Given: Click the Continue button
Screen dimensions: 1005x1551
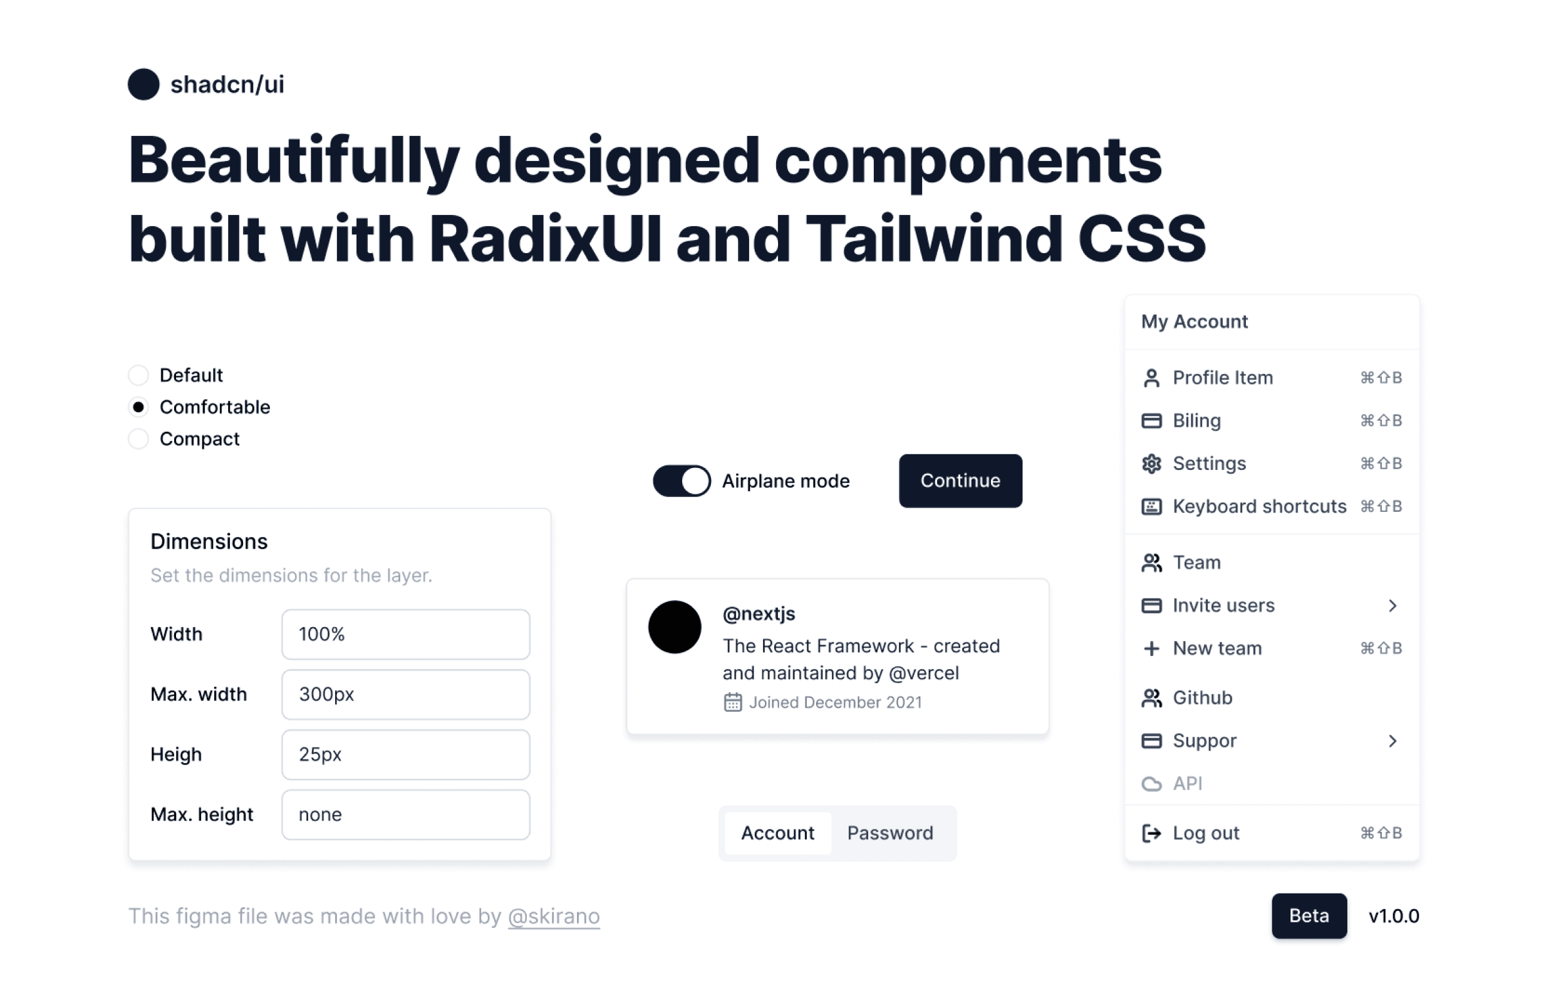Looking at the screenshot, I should click(x=960, y=481).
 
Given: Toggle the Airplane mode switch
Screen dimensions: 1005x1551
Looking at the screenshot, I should click(x=681, y=481).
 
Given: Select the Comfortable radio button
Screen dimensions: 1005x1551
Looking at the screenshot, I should click(x=138, y=407).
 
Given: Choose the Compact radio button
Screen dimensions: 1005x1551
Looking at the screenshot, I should click(x=138, y=439).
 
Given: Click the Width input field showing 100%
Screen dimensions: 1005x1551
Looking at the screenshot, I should click(x=405, y=633).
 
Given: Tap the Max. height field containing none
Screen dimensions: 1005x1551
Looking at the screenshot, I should click(x=405, y=814).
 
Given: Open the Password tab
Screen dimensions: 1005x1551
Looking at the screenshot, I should click(x=890, y=832).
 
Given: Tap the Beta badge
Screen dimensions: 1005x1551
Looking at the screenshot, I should click(x=1309, y=915).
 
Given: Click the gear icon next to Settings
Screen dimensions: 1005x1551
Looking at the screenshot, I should click(x=1151, y=464).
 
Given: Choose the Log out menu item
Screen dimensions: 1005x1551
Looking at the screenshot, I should click(x=1206, y=832).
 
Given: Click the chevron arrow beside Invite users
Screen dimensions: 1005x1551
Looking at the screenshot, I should click(x=1392, y=605).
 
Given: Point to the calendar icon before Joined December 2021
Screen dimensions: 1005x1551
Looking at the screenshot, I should click(x=732, y=702).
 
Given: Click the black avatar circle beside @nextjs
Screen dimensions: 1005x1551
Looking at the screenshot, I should click(x=675, y=627).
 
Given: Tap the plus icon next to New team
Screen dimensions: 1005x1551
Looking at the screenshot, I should click(x=1151, y=648).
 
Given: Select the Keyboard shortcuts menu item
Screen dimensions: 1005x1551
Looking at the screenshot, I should click(x=1258, y=506).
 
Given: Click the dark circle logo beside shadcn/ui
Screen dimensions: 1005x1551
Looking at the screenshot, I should click(x=143, y=84).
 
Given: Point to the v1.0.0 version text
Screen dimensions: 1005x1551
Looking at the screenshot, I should click(x=1393, y=915).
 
